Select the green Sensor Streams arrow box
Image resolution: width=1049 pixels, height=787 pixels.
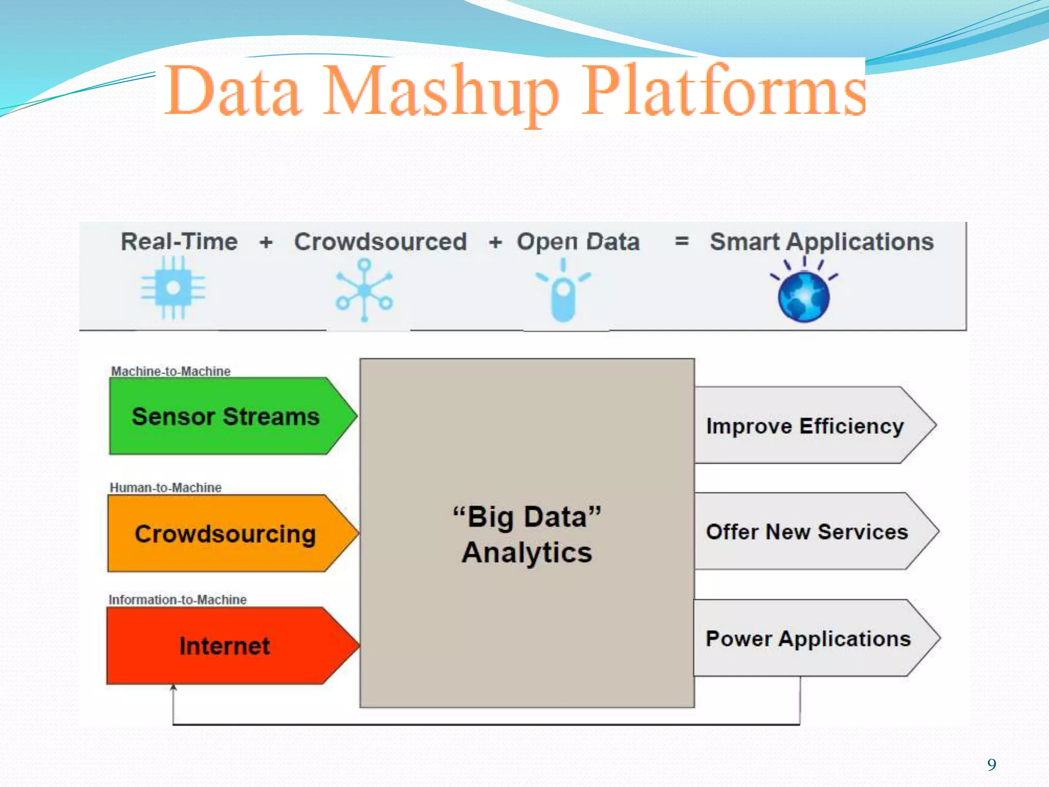(x=225, y=416)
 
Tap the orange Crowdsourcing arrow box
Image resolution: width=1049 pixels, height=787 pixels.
(x=225, y=533)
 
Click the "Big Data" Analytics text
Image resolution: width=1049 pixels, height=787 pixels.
(x=527, y=534)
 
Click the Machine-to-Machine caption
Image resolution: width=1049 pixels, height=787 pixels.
(x=171, y=371)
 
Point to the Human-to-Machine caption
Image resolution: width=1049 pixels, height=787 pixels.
(x=166, y=487)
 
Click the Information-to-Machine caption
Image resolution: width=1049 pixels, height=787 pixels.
(x=178, y=599)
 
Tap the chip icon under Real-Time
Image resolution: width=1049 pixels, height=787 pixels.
(x=173, y=288)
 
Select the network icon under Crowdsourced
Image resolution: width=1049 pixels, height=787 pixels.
(x=364, y=290)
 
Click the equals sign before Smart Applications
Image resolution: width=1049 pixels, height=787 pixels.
(x=682, y=241)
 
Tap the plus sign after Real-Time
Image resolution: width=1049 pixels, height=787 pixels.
(x=266, y=242)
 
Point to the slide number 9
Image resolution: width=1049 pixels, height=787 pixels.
(x=992, y=764)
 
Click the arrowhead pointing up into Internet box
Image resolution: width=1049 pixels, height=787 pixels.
(x=174, y=688)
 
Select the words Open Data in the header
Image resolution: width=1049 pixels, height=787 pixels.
(x=578, y=242)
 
